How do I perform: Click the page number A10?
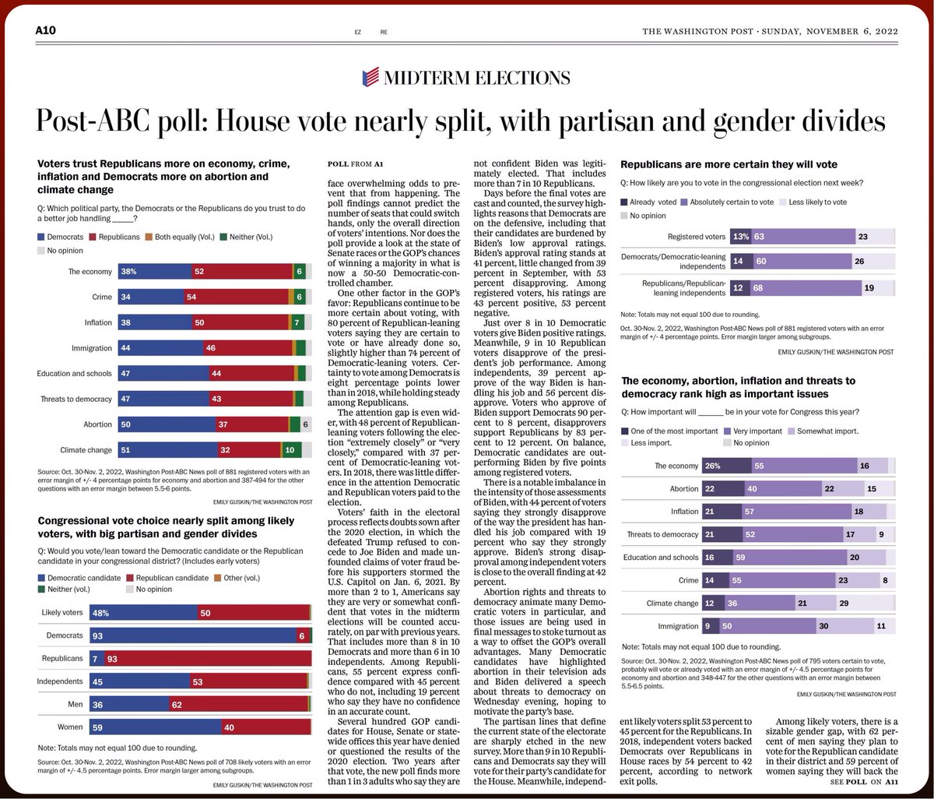click(x=46, y=30)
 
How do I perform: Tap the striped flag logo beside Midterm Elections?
click(x=371, y=76)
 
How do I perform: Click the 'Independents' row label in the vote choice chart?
click(x=59, y=682)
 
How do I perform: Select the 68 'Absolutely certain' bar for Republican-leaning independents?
click(x=792, y=288)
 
